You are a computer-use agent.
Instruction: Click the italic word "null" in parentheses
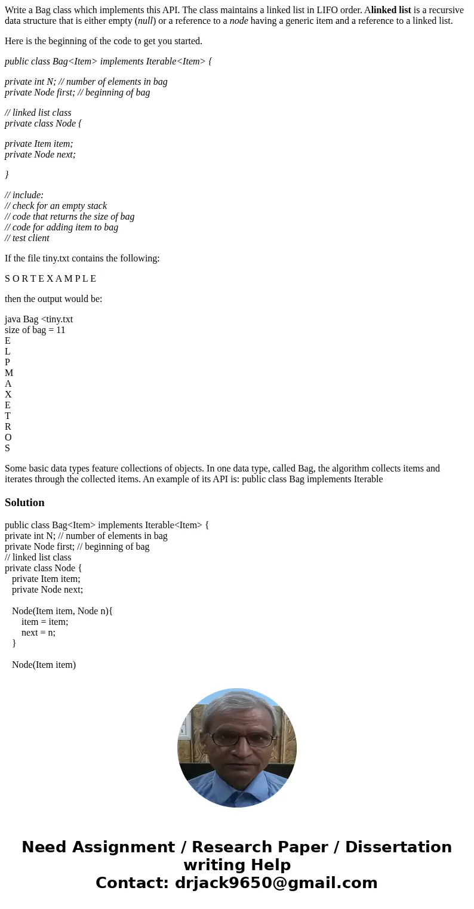(145, 21)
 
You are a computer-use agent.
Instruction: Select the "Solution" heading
(24, 503)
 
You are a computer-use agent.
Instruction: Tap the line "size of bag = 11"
(35, 330)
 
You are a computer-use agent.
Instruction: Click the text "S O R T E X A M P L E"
(50, 279)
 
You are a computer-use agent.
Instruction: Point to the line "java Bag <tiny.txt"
(39, 319)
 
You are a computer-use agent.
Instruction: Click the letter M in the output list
(9, 373)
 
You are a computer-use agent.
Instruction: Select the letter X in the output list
(8, 395)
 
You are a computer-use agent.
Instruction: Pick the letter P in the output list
(7, 362)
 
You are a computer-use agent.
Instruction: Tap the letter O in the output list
(8, 437)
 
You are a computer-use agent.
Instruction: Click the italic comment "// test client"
(27, 238)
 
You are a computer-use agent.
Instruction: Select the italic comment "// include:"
(24, 195)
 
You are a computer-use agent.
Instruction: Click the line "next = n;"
(38, 633)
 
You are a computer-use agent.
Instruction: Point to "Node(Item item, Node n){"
(62, 611)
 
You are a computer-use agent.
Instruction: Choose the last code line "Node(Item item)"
(44, 665)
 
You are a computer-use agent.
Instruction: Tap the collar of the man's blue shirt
(237, 787)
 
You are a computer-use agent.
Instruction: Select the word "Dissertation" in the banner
(398, 848)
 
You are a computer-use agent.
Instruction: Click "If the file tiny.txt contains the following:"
(82, 258)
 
